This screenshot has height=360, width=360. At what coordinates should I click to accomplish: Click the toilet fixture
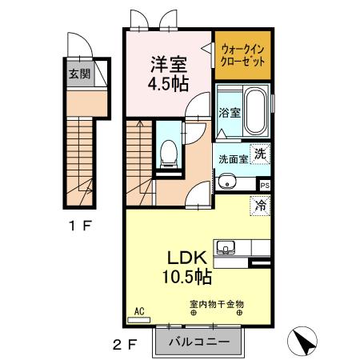[168, 153]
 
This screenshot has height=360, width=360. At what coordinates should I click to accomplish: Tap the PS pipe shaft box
[264, 184]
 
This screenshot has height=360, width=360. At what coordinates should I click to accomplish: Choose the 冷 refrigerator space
[261, 205]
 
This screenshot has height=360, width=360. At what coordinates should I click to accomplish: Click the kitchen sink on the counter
[223, 246]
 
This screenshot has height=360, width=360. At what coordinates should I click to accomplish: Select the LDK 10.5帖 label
[188, 267]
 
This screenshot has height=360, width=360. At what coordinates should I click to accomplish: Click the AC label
[138, 311]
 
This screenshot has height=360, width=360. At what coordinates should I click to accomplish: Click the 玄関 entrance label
[78, 75]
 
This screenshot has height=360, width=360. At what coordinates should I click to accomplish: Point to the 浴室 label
[230, 113]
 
